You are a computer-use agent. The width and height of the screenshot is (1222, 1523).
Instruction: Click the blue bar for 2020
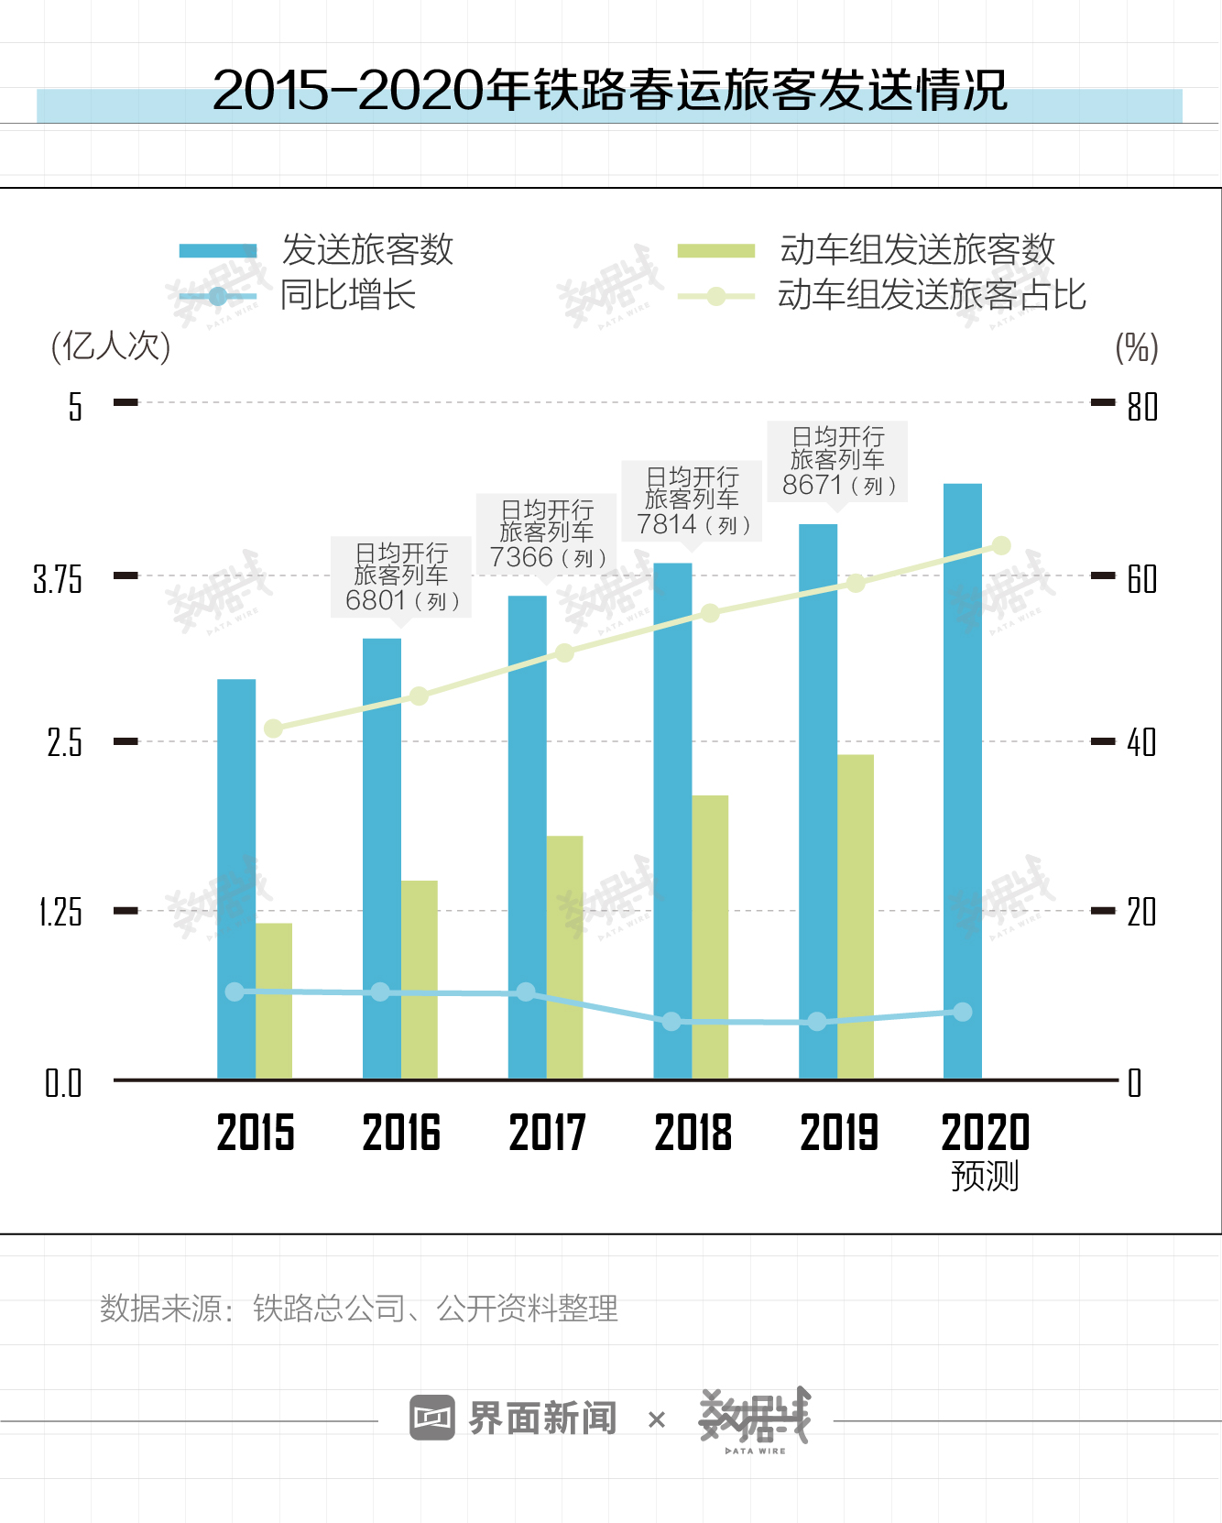962,779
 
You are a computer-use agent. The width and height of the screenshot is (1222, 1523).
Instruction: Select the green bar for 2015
274,1001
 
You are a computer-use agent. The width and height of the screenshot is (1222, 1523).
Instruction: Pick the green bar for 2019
856,916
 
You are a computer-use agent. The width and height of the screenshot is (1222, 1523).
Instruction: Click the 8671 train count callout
837,461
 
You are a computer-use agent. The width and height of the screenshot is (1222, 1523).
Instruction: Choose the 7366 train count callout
547,534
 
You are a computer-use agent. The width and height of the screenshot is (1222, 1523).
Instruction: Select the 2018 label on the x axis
693,1133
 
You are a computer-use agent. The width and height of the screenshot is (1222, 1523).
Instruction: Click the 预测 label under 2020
985,1176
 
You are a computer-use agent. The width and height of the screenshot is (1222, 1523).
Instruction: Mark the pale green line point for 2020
1001,546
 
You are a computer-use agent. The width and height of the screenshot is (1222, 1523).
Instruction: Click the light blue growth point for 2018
671,1021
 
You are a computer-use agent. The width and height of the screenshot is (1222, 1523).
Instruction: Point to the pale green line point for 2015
273,729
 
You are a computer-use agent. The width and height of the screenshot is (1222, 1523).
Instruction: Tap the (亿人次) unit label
111,346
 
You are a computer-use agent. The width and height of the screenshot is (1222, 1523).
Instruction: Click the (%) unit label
1137,347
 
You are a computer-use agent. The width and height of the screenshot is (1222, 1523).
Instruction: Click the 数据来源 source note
358,1309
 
